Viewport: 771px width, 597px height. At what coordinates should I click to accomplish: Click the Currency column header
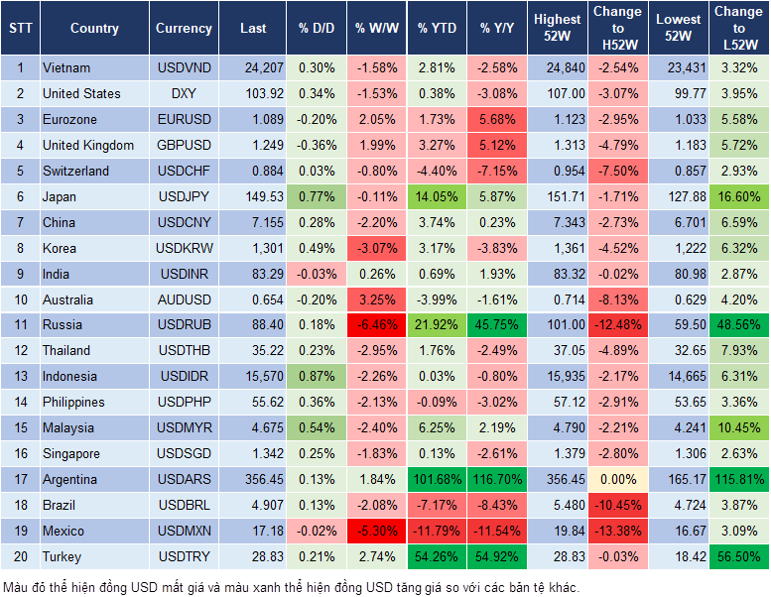click(184, 29)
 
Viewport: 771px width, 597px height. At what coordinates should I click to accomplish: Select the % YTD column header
click(437, 29)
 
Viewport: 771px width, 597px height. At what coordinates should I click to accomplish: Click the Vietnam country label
click(66, 68)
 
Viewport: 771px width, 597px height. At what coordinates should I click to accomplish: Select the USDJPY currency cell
click(184, 197)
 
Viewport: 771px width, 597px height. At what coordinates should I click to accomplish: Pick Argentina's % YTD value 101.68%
click(437, 480)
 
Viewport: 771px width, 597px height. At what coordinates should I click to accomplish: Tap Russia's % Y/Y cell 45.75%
click(499, 325)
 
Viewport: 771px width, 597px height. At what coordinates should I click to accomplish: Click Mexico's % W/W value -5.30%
click(376, 532)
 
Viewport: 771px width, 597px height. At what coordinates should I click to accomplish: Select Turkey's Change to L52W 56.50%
click(738, 557)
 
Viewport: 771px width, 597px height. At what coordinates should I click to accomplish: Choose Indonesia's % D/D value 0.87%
click(316, 377)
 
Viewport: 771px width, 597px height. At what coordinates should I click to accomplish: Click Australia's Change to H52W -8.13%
click(616, 299)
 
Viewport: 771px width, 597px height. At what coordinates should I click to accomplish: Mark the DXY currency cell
click(184, 94)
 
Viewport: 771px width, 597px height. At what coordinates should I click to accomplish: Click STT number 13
click(19, 377)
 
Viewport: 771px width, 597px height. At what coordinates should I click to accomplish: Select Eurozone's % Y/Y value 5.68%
click(499, 120)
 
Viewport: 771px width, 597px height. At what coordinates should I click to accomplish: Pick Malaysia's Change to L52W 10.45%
click(738, 428)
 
